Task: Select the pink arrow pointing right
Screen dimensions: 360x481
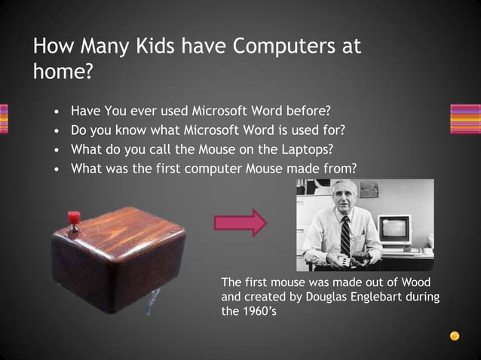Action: (240, 223)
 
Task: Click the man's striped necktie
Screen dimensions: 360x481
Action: (345, 235)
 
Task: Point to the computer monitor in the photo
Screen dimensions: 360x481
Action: (394, 229)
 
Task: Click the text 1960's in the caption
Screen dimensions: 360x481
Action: (244, 311)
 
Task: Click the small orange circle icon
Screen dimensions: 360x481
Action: (455, 336)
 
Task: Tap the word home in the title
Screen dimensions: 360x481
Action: (60, 72)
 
